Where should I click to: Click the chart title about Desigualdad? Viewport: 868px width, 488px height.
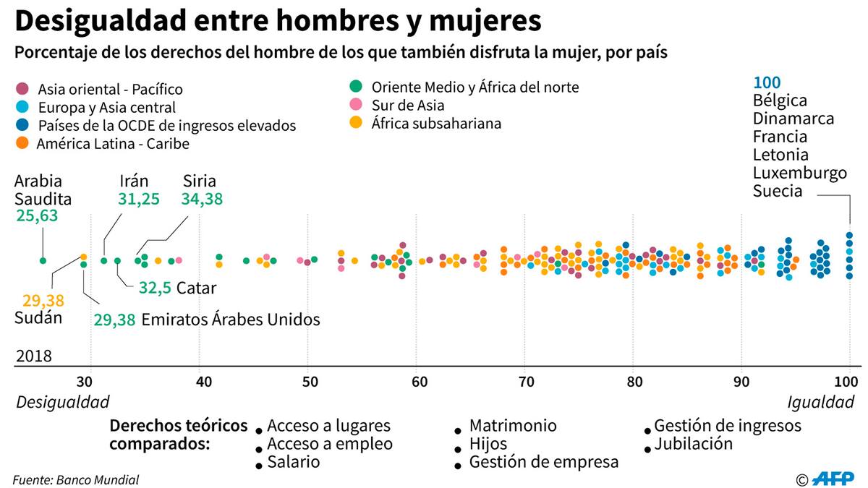(278, 22)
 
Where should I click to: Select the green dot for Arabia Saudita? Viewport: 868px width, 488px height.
(43, 260)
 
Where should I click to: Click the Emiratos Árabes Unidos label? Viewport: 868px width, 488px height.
(230, 319)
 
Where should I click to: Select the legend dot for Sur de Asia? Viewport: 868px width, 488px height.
(355, 106)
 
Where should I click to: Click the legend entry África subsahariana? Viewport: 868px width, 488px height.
(436, 124)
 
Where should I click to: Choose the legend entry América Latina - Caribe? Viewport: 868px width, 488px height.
(114, 143)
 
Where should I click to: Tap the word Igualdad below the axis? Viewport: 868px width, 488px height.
(820, 402)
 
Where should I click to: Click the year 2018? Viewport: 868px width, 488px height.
(34, 356)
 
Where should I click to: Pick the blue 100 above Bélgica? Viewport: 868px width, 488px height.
(767, 82)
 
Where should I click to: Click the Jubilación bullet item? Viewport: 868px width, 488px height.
(693, 444)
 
